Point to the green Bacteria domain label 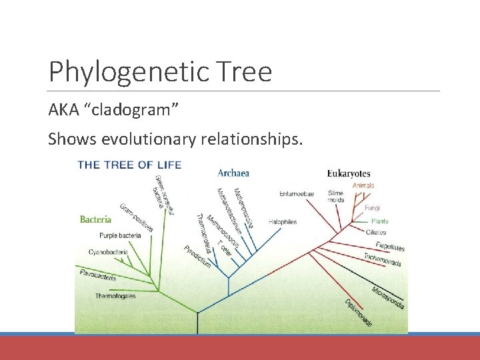tap(95, 219)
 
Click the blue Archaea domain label tap(233, 173)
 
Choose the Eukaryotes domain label tap(349, 174)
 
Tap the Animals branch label tap(363, 185)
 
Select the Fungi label tap(372, 208)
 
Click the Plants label tap(379, 221)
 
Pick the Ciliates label tap(375, 232)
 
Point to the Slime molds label tap(335, 197)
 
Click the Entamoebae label tap(297, 194)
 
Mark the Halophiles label tap(283, 221)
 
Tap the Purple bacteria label tap(120, 235)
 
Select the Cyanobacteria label tap(109, 252)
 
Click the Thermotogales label tap(115, 295)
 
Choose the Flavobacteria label tap(97, 275)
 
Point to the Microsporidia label tap(388, 297)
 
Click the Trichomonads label tap(382, 260)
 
